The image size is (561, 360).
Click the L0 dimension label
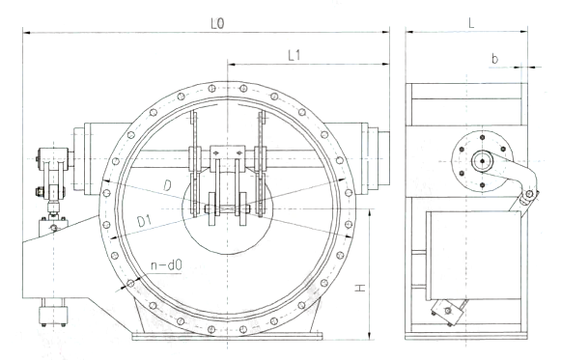tap(217, 23)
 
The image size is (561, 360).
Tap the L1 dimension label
tap(294, 55)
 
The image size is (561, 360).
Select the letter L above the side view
tap(471, 23)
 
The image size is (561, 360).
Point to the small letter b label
tap(494, 58)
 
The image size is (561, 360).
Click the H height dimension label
tap(360, 287)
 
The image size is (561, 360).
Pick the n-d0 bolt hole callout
tap(166, 265)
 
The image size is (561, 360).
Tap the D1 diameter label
tap(145, 222)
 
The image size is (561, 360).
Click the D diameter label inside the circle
tap(167, 185)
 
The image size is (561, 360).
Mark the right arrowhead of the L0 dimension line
tap(385, 32)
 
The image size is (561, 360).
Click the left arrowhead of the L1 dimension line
tap(232, 65)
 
